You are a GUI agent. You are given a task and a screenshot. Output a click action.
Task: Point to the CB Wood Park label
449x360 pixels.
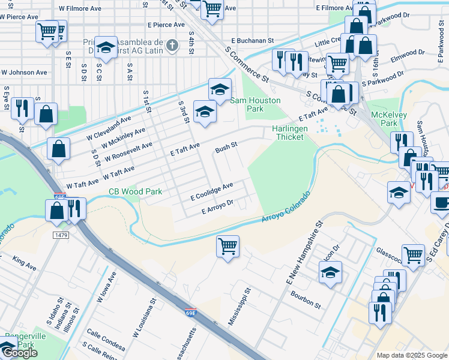[135, 192]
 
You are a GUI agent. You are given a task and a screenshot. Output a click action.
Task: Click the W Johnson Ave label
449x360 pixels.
[24, 72]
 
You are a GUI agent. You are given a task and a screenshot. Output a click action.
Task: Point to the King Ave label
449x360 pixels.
[24, 262]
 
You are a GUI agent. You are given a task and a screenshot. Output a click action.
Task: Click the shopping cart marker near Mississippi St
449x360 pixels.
[228, 245]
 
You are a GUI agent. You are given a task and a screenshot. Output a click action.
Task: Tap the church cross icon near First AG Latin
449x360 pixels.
[172, 45]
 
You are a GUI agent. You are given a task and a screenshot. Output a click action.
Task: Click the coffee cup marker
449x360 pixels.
[441, 202]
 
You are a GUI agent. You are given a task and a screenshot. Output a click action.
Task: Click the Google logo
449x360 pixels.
[20, 353]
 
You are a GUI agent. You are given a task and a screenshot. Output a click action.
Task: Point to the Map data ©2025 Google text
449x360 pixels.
[411, 355]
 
